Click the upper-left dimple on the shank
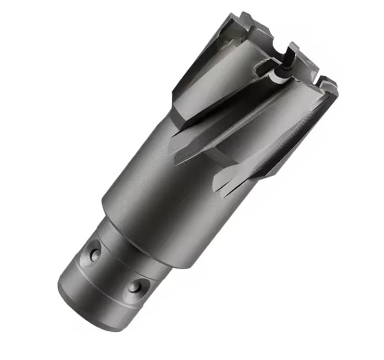tap(95, 254)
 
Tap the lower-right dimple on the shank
tap(135, 287)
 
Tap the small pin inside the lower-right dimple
tap(134, 287)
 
